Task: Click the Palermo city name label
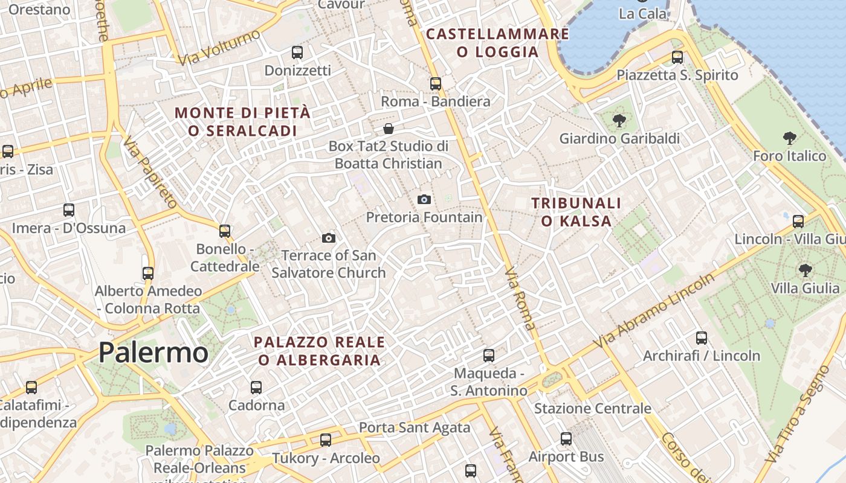153,352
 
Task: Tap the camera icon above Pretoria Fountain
424,199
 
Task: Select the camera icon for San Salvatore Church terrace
329,238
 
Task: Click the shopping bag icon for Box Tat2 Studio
389,129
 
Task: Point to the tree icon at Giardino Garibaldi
619,121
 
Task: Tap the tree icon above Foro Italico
789,138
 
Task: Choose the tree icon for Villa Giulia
805,270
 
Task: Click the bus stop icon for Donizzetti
297,53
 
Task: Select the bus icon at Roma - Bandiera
435,83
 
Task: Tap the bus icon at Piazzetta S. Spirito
677,57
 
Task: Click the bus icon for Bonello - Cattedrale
225,231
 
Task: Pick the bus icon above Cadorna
256,387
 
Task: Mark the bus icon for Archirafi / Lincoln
701,338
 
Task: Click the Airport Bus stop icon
566,439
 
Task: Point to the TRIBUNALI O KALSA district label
576,212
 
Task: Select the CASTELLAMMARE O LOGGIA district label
497,42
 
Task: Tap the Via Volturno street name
219,47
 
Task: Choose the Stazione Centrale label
592,409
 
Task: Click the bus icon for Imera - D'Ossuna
69,210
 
